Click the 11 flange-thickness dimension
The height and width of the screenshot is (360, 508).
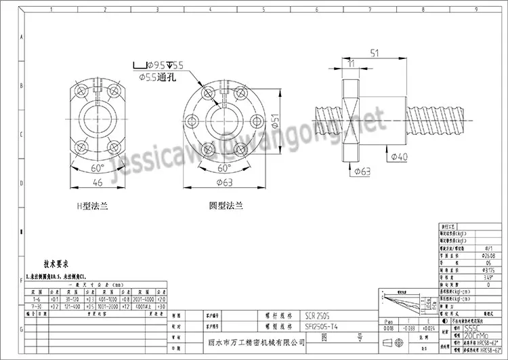pos(350,63)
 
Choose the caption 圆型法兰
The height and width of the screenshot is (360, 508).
pos(226,205)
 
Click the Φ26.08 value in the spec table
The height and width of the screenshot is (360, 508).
pos(469,256)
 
